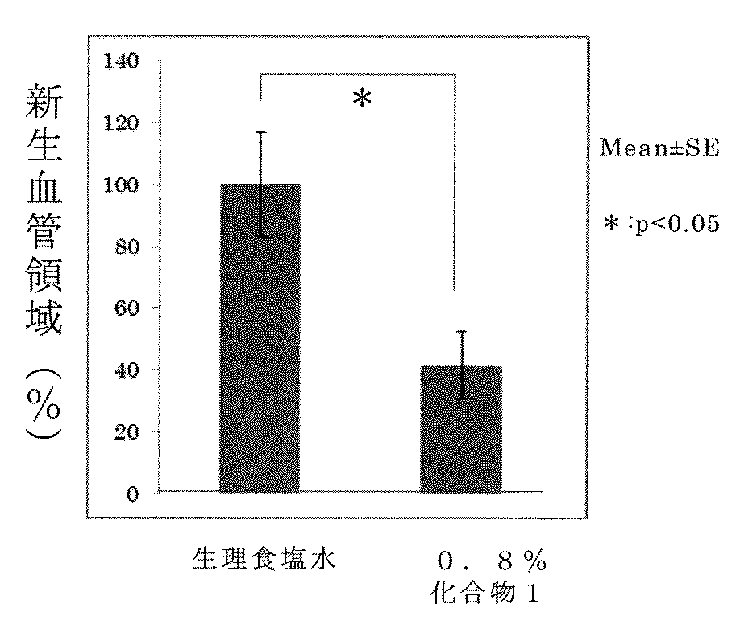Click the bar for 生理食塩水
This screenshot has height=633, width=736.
[260, 338]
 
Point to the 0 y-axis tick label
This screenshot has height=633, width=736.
[131, 494]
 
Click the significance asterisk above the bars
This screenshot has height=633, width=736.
[362, 101]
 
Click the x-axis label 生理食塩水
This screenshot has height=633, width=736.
[263, 558]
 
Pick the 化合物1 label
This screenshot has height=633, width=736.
[484, 596]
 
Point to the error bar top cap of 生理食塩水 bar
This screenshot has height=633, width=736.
[261, 132]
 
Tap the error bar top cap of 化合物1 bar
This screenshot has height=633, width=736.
[461, 331]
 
